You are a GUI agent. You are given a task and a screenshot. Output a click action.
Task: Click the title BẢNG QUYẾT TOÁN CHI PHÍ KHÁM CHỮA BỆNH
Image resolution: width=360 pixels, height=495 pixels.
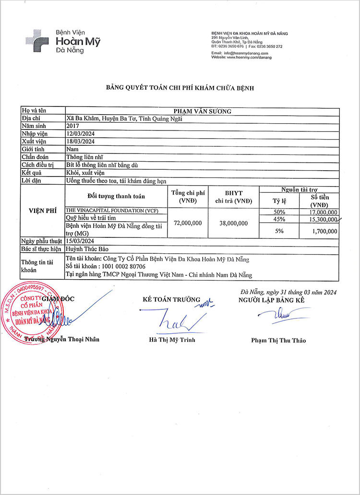coord(180,88)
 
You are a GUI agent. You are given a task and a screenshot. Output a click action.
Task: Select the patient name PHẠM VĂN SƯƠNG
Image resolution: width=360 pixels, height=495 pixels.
coord(202,111)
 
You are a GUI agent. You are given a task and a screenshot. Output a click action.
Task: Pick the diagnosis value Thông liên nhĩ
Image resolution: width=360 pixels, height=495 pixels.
coord(84,157)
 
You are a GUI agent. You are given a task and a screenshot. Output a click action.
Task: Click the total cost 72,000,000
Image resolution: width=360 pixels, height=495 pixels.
coord(188,223)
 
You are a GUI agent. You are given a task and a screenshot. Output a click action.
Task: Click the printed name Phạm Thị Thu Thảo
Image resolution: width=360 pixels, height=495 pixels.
coord(278,341)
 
